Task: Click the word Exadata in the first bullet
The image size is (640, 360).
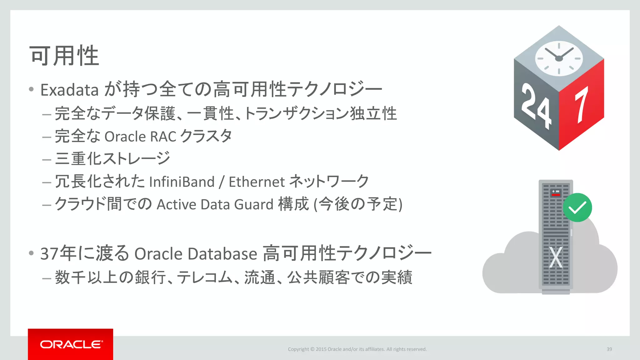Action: (70, 90)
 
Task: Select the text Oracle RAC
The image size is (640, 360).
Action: (140, 137)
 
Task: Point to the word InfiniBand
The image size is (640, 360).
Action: (182, 182)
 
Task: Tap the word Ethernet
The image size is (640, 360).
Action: (257, 182)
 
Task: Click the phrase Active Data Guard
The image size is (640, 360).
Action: (215, 205)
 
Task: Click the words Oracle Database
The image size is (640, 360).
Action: (196, 253)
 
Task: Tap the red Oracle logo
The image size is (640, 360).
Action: (71, 344)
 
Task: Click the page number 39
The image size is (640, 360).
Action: (609, 349)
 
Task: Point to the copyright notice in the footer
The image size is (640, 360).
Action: (357, 349)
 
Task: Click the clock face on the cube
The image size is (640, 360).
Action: (559, 58)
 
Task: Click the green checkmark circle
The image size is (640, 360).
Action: (577, 207)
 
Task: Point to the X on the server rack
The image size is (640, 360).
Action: (556, 257)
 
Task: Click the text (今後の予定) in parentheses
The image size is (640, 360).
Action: (358, 205)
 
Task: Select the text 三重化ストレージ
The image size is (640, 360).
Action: (112, 158)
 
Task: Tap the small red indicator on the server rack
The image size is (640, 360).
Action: (556, 195)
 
